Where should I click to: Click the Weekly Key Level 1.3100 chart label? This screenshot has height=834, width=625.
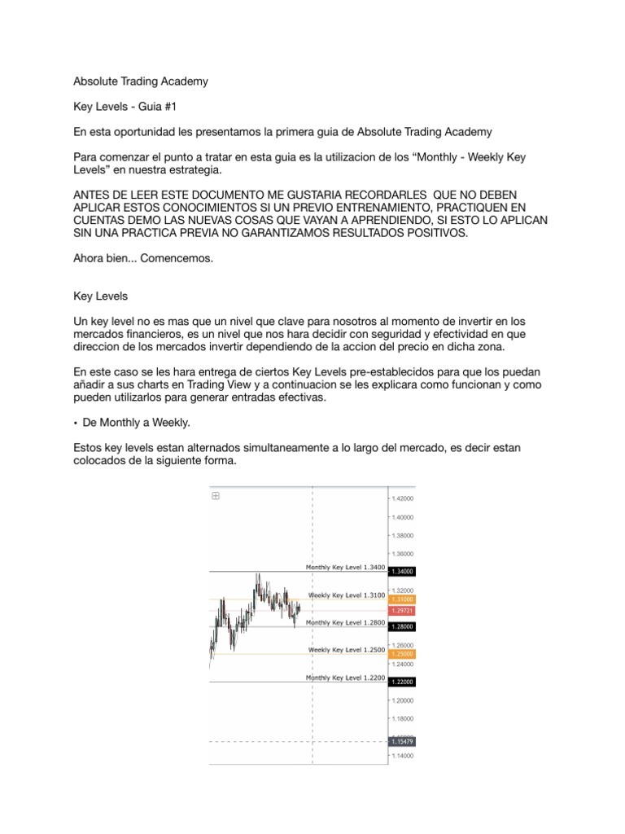[x=346, y=595]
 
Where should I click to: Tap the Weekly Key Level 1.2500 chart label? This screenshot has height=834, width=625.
[x=346, y=650]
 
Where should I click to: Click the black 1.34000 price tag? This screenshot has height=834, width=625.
[x=403, y=572]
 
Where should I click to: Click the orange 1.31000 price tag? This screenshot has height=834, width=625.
[x=403, y=599]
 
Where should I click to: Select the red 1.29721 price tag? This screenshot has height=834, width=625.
[x=403, y=610]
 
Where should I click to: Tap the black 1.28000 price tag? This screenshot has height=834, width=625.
[x=403, y=626]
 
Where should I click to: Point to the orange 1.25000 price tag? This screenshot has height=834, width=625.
[x=403, y=654]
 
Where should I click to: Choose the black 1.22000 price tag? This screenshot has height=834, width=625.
[x=403, y=682]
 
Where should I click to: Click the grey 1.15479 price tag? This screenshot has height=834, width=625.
[x=403, y=742]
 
